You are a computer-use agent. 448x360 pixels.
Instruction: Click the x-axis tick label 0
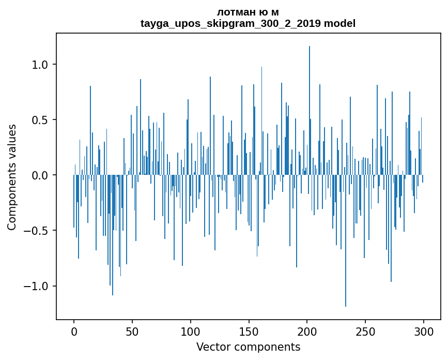(x=74, y=331)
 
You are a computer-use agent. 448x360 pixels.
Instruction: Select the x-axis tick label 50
(x=132, y=331)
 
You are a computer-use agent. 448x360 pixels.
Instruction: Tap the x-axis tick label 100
(x=191, y=331)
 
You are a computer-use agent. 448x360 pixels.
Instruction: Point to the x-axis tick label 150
(x=249, y=331)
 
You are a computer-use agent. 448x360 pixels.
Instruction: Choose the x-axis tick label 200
(x=307, y=331)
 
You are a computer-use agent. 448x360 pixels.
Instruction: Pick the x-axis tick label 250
(x=365, y=331)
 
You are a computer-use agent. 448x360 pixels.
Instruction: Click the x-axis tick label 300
(x=424, y=331)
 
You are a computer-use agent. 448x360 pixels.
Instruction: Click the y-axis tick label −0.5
(x=37, y=231)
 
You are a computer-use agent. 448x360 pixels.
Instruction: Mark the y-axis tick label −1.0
(x=37, y=286)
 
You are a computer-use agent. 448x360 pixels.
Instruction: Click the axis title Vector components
(x=248, y=347)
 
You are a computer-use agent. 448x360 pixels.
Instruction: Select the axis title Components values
(x=12, y=177)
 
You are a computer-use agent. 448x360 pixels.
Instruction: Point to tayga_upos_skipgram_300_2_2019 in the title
(x=230, y=23)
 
